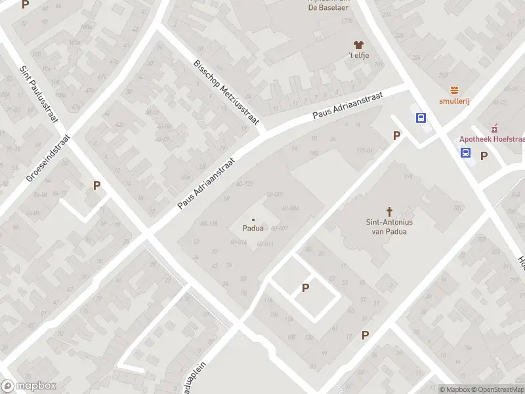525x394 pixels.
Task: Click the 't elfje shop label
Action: click(358, 55)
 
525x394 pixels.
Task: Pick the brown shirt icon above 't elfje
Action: click(358, 45)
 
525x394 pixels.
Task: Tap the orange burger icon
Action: click(453, 90)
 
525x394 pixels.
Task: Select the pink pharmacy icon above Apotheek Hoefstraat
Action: click(494, 127)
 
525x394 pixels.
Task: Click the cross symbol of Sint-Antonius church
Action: click(389, 211)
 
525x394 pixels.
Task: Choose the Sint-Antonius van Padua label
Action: click(389, 227)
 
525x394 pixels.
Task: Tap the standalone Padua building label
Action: click(253, 229)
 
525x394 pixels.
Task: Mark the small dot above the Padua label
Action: click(253, 219)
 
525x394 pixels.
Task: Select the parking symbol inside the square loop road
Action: click(305, 288)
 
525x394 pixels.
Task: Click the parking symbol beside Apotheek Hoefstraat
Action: click(484, 156)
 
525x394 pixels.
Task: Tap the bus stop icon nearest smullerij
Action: click(421, 118)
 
